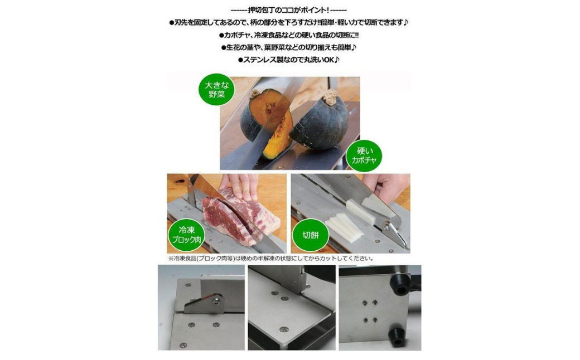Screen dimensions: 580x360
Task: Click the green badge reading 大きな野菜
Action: click(216, 90)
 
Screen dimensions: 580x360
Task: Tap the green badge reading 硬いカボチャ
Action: click(364, 155)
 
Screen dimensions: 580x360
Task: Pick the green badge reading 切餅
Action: click(310, 235)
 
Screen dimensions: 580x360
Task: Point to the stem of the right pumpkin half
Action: click(330, 98)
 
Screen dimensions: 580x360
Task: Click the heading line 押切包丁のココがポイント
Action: click(288, 9)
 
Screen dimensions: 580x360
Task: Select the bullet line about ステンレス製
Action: click(288, 59)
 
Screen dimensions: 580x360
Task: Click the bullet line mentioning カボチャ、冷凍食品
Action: click(289, 35)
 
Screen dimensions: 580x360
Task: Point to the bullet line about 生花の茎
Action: click(289, 47)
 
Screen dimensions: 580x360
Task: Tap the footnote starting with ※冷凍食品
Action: click(271, 259)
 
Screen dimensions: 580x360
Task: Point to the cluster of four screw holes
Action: click(370, 311)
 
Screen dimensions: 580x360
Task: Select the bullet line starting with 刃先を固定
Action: click(288, 22)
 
